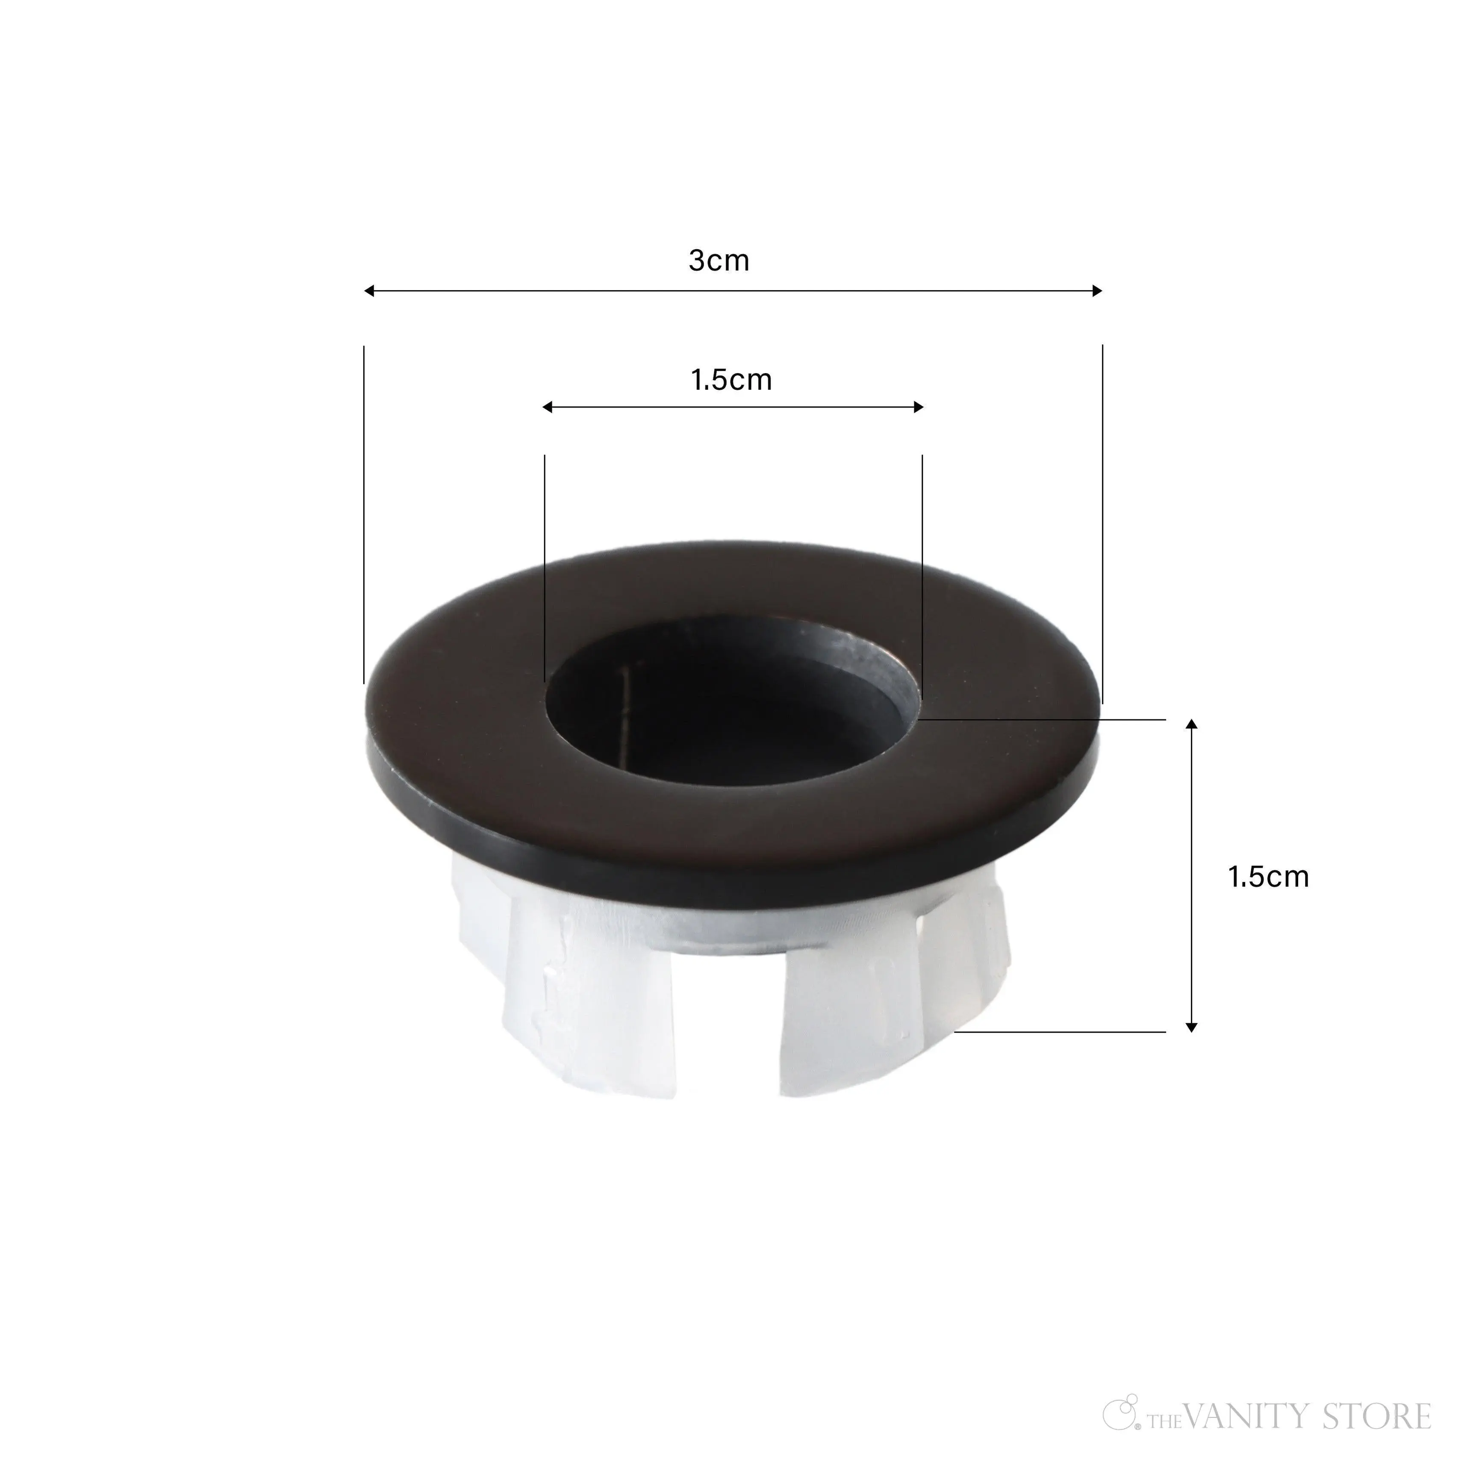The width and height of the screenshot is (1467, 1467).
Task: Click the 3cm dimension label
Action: [718, 260]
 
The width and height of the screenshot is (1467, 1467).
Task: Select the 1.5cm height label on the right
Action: [1268, 877]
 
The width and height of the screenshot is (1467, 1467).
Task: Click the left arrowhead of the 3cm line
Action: [368, 291]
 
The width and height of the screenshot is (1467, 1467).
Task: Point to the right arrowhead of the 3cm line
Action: [1097, 291]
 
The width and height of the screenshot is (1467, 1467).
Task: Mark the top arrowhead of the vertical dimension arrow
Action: [1191, 724]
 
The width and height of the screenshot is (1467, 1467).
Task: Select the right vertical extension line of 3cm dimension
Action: [1102, 524]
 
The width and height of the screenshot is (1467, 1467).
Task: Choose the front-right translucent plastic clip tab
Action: [851, 1017]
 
